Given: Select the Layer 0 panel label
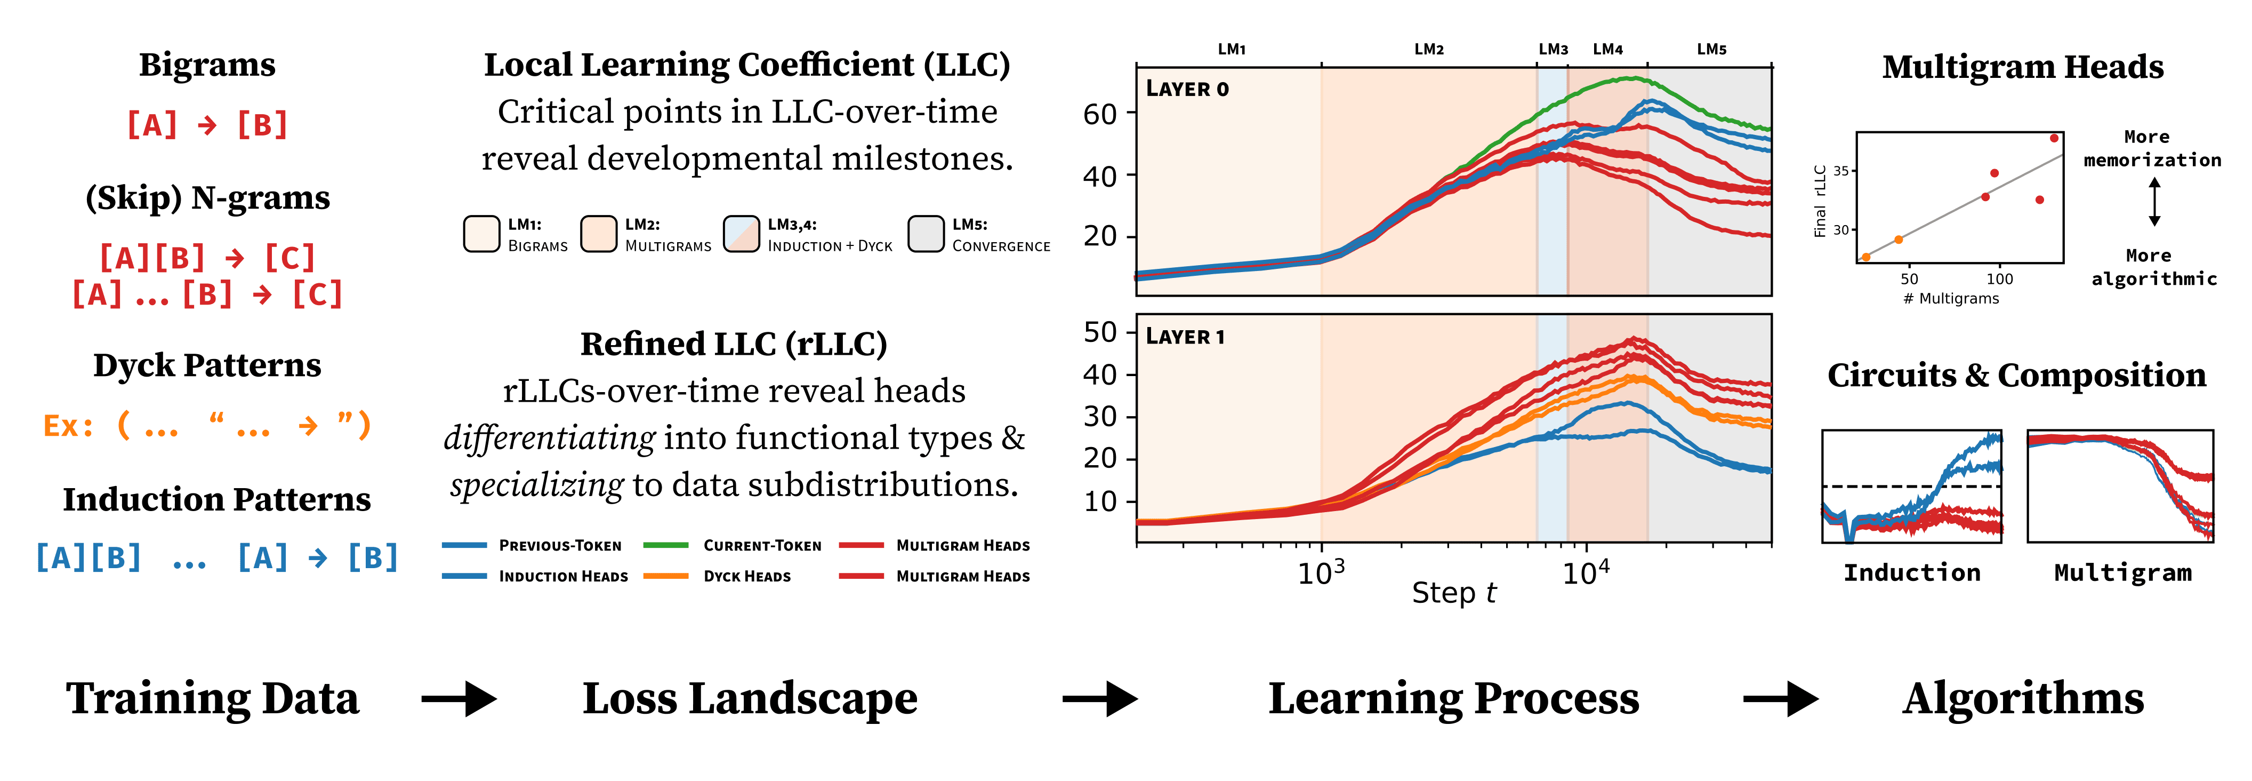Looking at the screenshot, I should (x=1187, y=89).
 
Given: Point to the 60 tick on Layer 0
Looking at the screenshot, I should (x=1100, y=114).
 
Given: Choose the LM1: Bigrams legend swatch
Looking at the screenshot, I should (x=481, y=234).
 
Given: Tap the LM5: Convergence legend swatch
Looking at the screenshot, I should (x=926, y=234).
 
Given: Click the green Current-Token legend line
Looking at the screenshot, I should (x=665, y=545).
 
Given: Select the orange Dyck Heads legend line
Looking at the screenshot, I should (x=665, y=576).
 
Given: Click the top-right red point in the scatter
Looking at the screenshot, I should (x=2054, y=138).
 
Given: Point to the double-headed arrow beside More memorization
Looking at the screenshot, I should (x=2154, y=202).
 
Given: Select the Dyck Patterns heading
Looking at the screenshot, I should (x=207, y=365).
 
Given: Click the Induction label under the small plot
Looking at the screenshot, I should (x=1912, y=573).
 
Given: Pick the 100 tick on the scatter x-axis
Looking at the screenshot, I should (x=1999, y=279).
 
